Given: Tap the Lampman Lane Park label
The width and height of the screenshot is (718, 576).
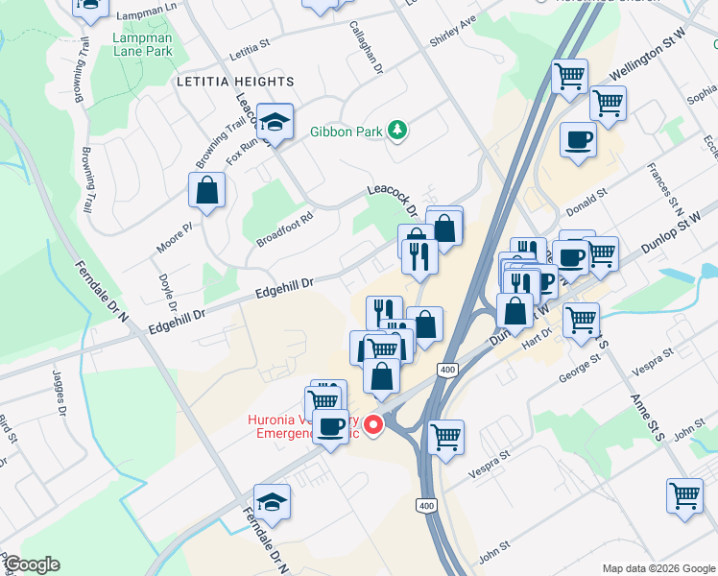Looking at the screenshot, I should coord(141,44).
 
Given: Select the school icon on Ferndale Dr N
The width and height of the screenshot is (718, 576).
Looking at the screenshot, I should coord(273,501).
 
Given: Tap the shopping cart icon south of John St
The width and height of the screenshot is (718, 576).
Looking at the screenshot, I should coord(684,495).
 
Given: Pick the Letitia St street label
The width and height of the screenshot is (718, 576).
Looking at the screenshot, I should coord(251,45).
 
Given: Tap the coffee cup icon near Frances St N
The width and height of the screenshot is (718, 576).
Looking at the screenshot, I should coord(578,140).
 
